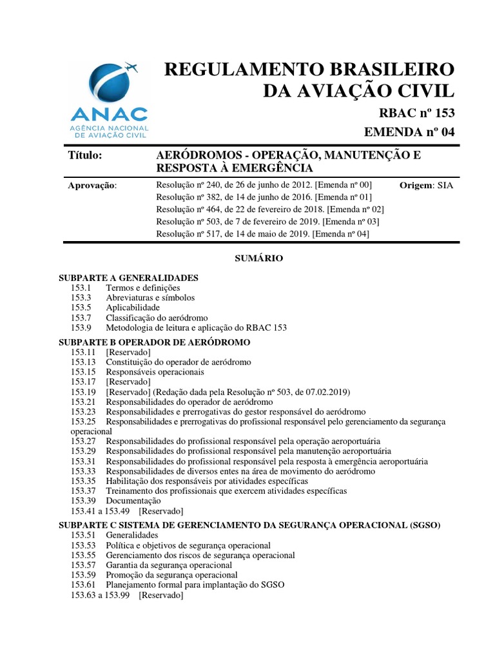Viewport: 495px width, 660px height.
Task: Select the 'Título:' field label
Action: point(85,156)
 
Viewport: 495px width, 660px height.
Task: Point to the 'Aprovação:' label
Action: point(93,186)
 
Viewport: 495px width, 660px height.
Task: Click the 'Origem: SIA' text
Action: point(426,185)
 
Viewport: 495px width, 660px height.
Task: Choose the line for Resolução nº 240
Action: point(264,185)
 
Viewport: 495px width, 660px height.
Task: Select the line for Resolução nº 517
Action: point(262,234)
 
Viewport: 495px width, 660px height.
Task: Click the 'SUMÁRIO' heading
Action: point(257,258)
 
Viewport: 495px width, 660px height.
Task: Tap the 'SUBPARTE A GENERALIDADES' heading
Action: point(128,278)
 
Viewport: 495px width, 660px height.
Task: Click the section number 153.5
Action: point(82,307)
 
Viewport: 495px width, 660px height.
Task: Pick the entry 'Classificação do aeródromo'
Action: point(157,318)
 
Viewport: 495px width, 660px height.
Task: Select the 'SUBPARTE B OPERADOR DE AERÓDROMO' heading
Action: point(154,342)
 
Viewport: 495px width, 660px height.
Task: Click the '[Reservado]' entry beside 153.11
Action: point(128,352)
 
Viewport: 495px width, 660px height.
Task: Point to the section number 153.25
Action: point(84,421)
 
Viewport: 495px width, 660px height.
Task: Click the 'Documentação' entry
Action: point(133,500)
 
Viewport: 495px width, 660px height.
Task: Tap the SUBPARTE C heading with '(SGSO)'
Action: point(249,525)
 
